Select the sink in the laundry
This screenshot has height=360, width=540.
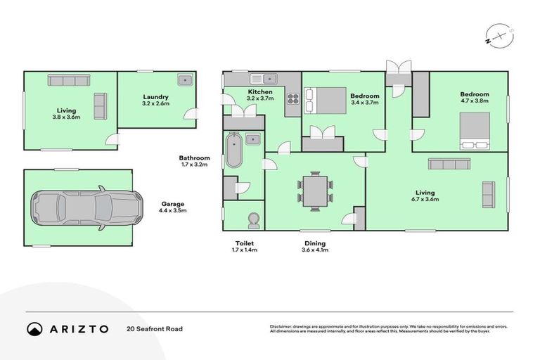pos(184,80)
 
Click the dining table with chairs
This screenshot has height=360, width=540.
pos(314,191)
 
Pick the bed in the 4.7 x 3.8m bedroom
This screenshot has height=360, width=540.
pos(475,131)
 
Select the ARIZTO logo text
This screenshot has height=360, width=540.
pos(78,328)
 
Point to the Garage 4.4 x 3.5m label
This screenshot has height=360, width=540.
pos(172,207)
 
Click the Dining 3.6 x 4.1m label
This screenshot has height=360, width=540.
pos(314,246)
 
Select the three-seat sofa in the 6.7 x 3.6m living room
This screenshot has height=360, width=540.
pos(449,164)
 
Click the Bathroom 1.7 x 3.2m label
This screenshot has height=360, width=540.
pos(194,162)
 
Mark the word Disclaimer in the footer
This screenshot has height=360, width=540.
pos(283,326)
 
